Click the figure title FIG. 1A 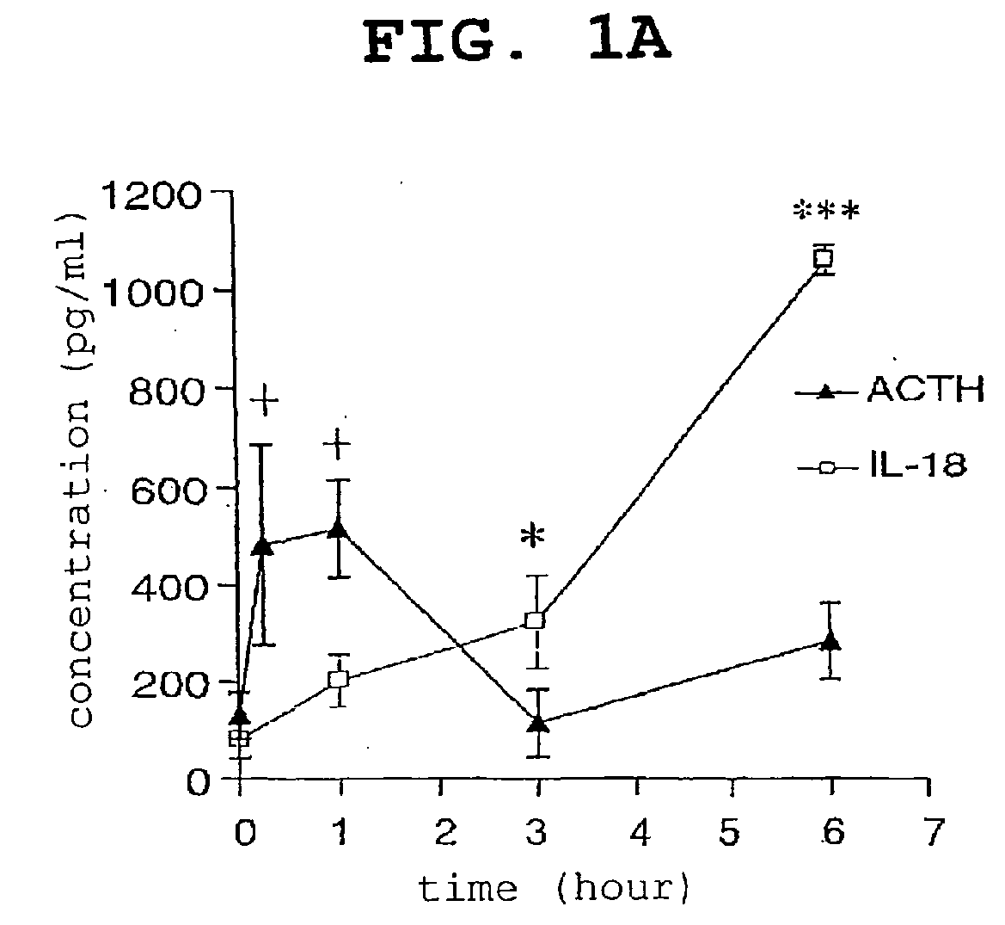click(518, 41)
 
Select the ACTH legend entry click(889, 390)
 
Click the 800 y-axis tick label click(166, 392)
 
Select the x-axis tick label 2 click(444, 833)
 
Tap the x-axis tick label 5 click(729, 833)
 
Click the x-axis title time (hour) click(554, 889)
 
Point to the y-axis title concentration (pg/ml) click(79, 468)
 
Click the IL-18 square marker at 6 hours click(823, 258)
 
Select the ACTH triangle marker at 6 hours click(830, 641)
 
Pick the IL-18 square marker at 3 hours click(536, 620)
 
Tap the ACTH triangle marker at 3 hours click(539, 723)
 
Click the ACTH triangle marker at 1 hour click(339, 528)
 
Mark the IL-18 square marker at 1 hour click(339, 679)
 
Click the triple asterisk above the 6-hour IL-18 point click(826, 211)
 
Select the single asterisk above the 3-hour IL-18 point click(533, 536)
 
